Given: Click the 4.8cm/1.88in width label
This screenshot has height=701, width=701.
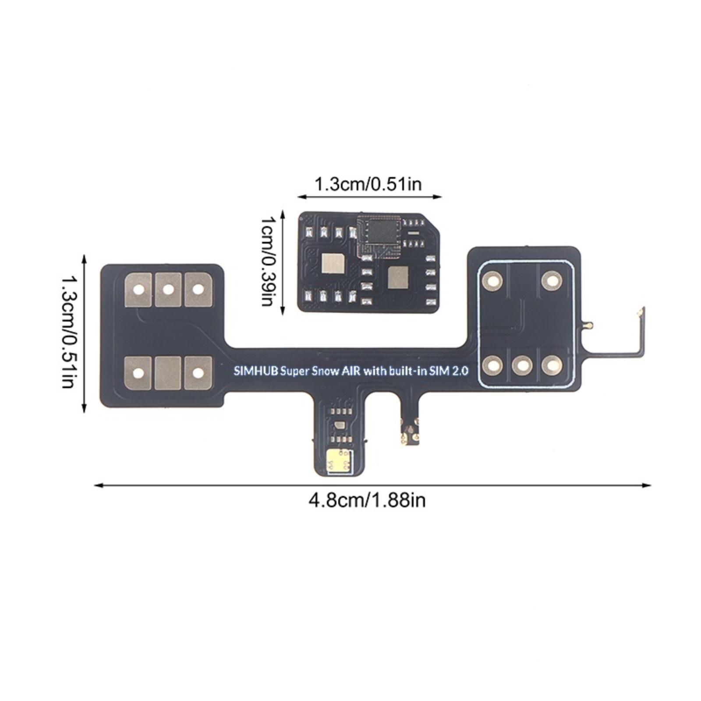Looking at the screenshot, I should (367, 500).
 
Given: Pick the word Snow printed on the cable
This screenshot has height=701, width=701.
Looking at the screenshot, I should (325, 372).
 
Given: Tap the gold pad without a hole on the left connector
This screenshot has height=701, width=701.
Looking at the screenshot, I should (168, 373).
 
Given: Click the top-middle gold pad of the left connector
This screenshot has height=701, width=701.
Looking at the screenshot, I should (168, 290).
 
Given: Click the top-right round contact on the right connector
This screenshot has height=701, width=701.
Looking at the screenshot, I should (552, 280).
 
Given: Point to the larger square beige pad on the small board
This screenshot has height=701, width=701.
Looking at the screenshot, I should (333, 263).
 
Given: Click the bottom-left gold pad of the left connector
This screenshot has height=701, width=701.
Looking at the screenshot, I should (138, 373).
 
